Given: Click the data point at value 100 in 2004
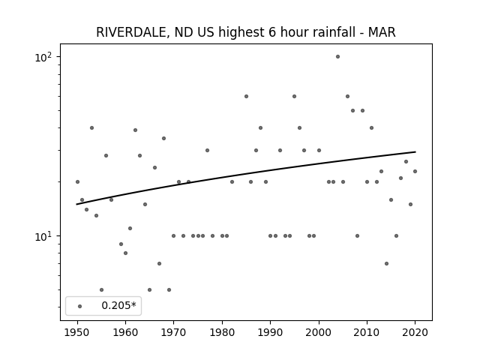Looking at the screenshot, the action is (x=337, y=57).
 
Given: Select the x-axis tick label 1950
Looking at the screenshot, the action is (x=77, y=332).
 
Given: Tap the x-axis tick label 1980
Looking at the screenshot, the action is (x=222, y=332).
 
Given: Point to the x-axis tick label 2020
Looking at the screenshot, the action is (x=415, y=332).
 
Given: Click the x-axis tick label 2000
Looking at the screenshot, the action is (x=319, y=332).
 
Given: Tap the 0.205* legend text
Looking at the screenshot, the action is (x=118, y=305).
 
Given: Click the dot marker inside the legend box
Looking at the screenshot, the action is (x=80, y=306).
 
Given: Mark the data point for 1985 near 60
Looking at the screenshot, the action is (x=246, y=97).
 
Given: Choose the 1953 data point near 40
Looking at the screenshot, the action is (x=91, y=128).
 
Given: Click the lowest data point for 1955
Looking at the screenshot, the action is (x=102, y=290).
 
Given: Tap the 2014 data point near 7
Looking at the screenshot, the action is (x=386, y=263).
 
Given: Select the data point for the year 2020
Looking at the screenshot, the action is (x=415, y=172).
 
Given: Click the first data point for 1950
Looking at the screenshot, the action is (x=77, y=181).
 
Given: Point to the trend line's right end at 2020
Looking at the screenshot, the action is (x=415, y=151).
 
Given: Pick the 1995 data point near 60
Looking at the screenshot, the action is (x=294, y=97).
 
